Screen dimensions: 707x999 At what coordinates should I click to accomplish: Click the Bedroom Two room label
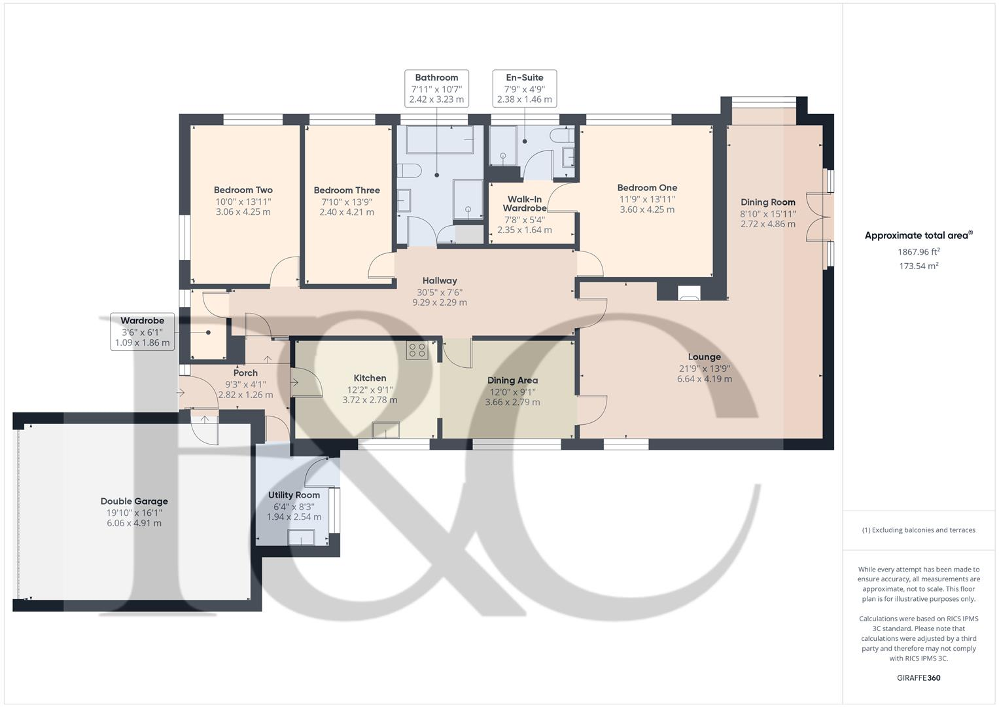pyautogui.click(x=243, y=190)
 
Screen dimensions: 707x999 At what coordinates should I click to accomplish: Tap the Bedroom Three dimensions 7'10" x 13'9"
pyautogui.click(x=346, y=202)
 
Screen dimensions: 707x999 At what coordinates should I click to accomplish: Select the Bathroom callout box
pyautogui.click(x=436, y=88)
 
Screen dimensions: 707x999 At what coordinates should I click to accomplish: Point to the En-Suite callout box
pyautogui.click(x=524, y=88)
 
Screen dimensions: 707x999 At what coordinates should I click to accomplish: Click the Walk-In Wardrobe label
pyautogui.click(x=524, y=204)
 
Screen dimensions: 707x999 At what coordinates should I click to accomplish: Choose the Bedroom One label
pyautogui.click(x=647, y=187)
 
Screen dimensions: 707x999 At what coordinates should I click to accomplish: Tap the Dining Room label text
pyautogui.click(x=767, y=202)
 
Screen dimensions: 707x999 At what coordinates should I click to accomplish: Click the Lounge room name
pyautogui.click(x=704, y=357)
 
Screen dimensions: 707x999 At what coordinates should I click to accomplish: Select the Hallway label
pyautogui.click(x=439, y=280)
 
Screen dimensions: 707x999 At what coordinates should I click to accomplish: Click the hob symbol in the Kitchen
pyautogui.click(x=417, y=350)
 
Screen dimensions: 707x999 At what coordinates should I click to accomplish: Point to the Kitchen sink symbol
pyautogui.click(x=385, y=430)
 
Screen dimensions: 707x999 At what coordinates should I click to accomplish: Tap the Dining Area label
pyautogui.click(x=512, y=380)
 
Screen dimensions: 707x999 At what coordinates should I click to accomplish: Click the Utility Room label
pyautogui.click(x=294, y=495)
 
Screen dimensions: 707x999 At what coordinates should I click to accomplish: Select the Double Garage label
pyautogui.click(x=134, y=501)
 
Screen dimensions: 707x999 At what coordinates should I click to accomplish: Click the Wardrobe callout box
pyautogui.click(x=142, y=331)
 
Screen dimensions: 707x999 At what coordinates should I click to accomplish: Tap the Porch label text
pyautogui.click(x=245, y=372)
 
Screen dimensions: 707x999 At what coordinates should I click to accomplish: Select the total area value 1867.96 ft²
pyautogui.click(x=919, y=251)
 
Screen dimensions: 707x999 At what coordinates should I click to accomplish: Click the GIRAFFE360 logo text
pyautogui.click(x=918, y=678)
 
